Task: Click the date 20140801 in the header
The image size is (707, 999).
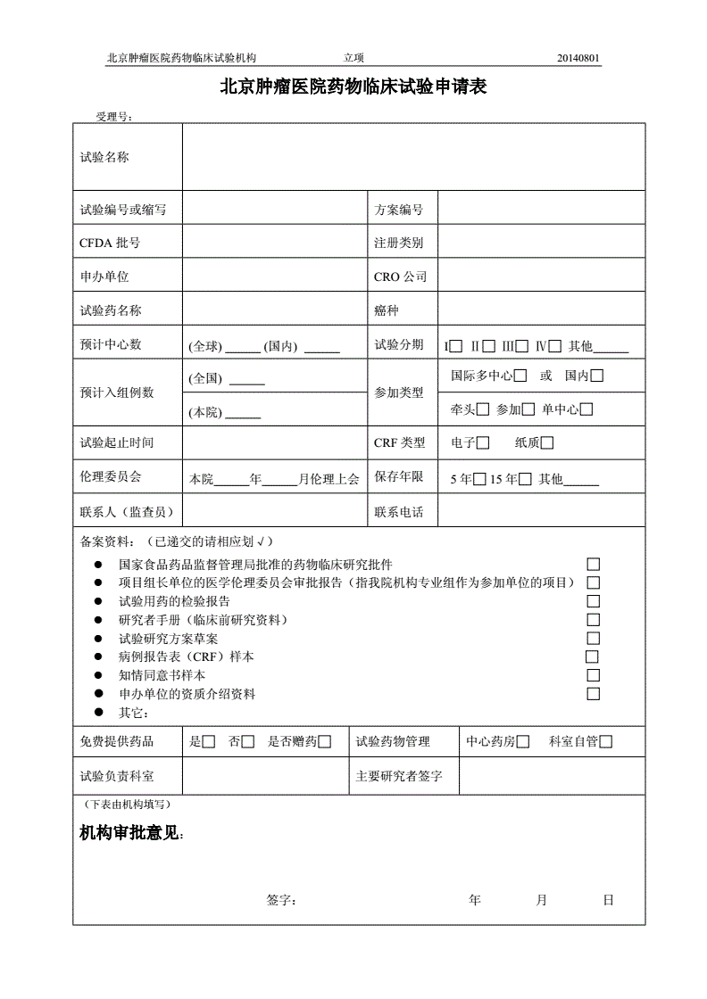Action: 578,59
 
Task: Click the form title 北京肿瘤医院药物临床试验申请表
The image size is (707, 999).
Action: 353,88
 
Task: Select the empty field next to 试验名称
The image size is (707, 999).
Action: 412,157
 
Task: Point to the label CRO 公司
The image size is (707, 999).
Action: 400,277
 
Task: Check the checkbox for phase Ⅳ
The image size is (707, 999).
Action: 555,346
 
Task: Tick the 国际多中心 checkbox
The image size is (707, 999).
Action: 520,376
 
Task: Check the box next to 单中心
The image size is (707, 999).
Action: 587,409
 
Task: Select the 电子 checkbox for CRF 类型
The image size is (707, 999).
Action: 483,442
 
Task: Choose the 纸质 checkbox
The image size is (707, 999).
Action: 547,442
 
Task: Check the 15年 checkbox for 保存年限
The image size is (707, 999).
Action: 525,479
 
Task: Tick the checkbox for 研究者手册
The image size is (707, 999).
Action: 593,620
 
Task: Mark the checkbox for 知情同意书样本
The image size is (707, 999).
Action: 593,675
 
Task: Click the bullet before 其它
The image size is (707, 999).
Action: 98,712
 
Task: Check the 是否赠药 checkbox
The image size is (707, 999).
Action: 325,741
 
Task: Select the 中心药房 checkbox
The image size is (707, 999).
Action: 523,741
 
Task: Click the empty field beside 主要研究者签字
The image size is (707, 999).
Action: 551,776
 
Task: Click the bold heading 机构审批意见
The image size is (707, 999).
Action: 131,833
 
